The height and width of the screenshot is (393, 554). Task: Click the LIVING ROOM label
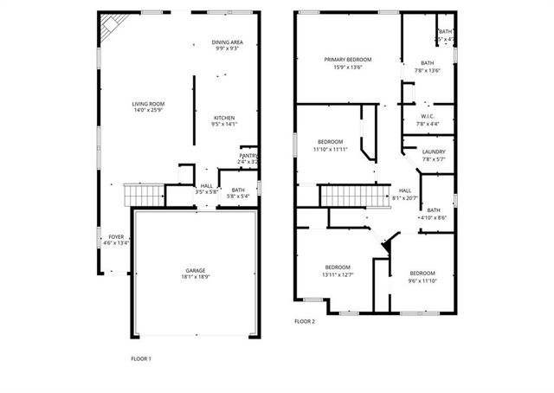149,104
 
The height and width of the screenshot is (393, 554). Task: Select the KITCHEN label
224,118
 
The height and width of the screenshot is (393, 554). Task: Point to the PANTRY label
248,156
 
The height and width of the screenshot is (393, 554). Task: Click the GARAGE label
196,270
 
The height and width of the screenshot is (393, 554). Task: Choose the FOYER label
115,236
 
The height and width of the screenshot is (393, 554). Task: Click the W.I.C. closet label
428,117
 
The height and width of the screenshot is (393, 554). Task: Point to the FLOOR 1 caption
140,358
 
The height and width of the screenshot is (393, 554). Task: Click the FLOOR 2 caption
305,321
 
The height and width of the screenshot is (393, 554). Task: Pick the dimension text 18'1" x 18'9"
196,277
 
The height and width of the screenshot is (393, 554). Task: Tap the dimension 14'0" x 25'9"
149,111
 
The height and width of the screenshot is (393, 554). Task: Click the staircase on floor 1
144,196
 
